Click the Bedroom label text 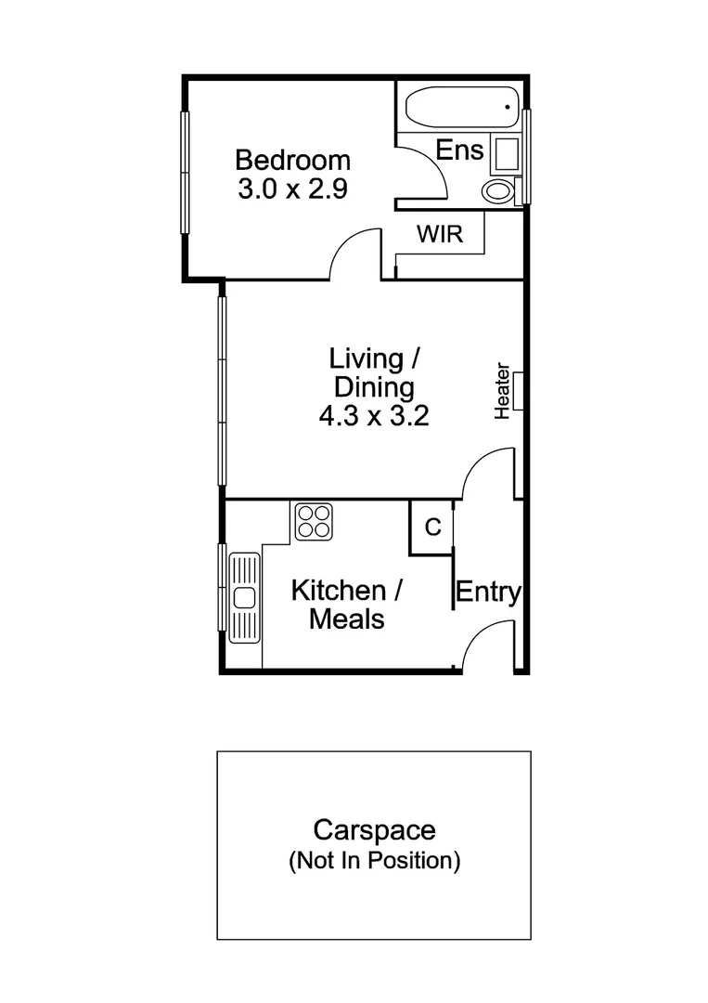[x=292, y=159]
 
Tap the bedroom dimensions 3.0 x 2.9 [x=292, y=189]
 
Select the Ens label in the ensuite [x=459, y=150]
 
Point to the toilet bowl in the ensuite [x=497, y=192]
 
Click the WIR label [x=439, y=234]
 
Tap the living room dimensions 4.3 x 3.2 [x=373, y=415]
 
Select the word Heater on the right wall [x=502, y=391]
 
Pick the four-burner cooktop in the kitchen [x=314, y=521]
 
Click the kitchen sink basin [x=244, y=597]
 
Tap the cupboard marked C [x=431, y=528]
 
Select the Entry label [x=488, y=593]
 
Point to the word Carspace [x=374, y=829]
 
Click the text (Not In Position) [x=374, y=861]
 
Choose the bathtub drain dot [x=508, y=108]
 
